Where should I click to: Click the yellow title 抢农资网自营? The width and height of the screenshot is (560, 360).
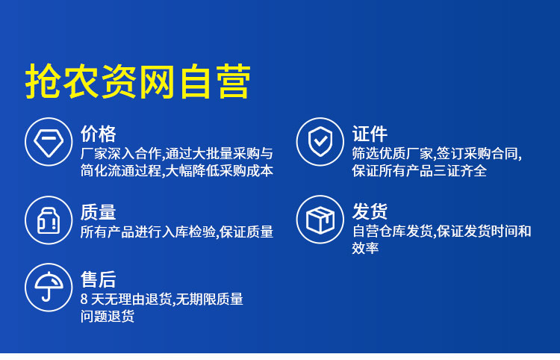pos(138,81)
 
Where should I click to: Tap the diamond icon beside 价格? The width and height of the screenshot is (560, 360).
pos(49,142)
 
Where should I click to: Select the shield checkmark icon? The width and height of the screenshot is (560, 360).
pos(320,142)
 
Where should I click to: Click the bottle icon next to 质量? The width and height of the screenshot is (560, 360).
pos(49,220)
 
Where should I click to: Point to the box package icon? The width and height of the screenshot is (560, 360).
pos(320,220)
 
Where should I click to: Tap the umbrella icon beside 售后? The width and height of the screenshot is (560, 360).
pos(49,288)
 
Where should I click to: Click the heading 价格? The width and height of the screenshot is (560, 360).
pos(99,134)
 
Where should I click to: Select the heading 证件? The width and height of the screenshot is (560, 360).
pos(370,134)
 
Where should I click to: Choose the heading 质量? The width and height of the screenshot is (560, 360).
pos(99,212)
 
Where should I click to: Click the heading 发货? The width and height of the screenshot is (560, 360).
pos(370,211)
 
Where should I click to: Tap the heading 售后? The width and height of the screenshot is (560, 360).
pos(99,279)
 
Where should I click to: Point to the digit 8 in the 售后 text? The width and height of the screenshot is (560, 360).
pos(84,300)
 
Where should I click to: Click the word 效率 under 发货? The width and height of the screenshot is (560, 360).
pos(365,247)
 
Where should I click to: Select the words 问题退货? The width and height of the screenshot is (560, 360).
pos(108,316)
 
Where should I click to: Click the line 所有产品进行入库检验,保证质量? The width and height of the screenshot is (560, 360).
pos(177,232)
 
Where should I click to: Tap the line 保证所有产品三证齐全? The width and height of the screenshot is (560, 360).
pos(420,171)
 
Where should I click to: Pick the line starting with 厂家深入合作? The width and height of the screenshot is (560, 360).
pos(177,154)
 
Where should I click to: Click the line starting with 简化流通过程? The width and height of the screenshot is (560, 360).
pos(177,171)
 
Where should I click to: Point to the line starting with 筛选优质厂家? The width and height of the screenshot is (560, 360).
pos(437,154)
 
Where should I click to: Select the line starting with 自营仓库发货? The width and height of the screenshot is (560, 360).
pos(442,231)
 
